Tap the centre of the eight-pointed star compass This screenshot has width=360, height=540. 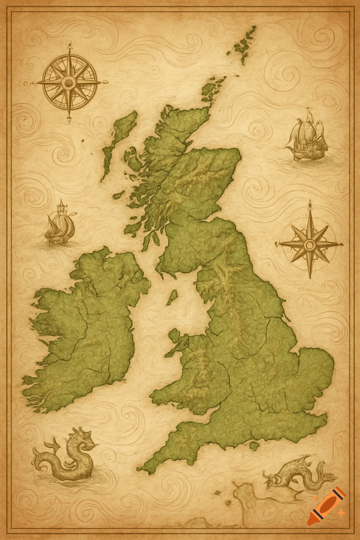[x=310, y=244]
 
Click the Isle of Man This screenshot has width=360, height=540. [x=172, y=297]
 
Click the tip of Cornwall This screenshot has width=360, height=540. [x=141, y=469]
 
